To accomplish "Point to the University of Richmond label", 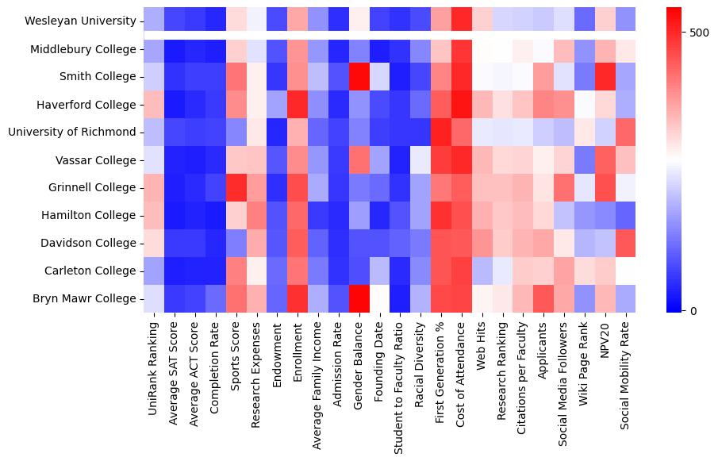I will (72, 133).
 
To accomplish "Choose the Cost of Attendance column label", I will (462, 371).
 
